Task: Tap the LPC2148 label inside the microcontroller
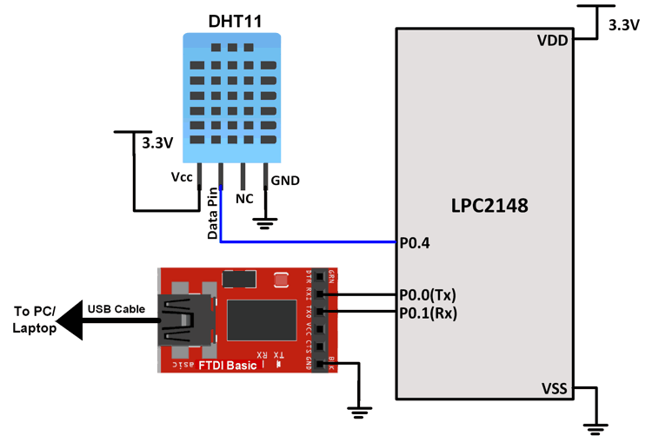489,207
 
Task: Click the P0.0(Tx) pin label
428,294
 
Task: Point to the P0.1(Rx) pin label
428,312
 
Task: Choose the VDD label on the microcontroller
553,40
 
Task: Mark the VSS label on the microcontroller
555,388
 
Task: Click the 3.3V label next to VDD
623,26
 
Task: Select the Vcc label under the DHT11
182,178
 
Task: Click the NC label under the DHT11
244,199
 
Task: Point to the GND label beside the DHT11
285,181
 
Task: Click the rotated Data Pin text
212,215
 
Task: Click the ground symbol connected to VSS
595,426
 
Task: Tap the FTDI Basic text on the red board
228,366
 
